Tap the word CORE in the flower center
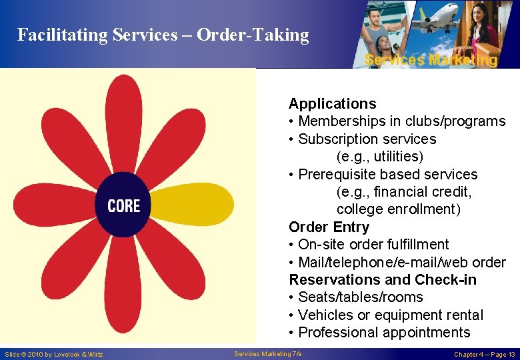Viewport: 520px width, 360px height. pyautogui.click(x=124, y=206)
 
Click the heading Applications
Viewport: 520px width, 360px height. pyautogui.click(x=332, y=104)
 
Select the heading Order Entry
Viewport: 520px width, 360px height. pyautogui.click(x=329, y=227)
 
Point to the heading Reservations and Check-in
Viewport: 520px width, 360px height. pyautogui.click(x=383, y=279)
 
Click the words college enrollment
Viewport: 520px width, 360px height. pyautogui.click(x=398, y=209)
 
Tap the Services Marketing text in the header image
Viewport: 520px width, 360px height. pyautogui.click(x=431, y=60)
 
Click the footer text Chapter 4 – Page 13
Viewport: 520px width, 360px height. pyautogui.click(x=484, y=354)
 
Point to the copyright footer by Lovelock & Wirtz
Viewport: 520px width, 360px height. pyautogui.click(x=54, y=354)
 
